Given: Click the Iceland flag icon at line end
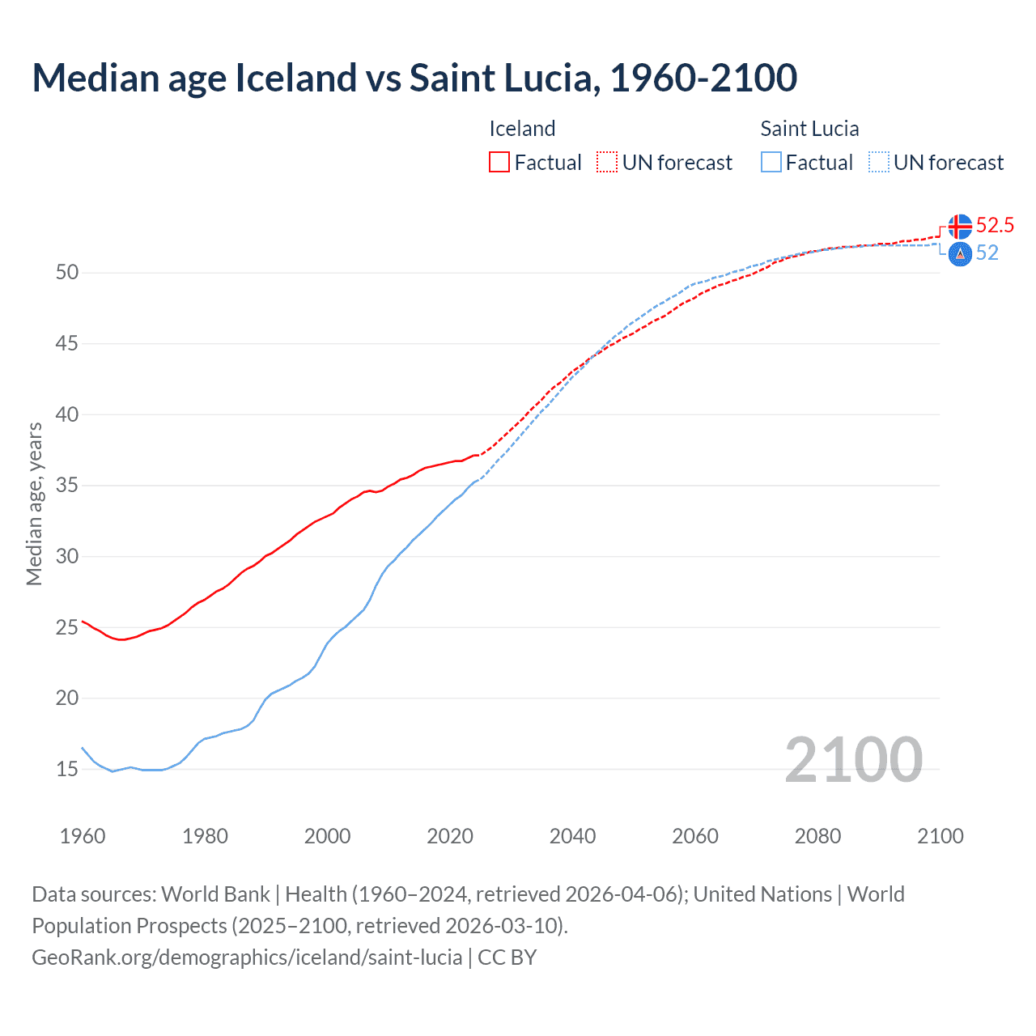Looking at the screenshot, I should tap(960, 227).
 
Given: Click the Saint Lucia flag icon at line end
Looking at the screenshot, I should tap(960, 254).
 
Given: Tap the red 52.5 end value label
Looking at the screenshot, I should tap(995, 225).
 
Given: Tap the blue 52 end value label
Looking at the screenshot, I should tap(987, 253).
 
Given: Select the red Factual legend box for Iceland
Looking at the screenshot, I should tap(499, 163).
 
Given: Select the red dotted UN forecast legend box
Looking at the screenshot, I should tap(607, 163).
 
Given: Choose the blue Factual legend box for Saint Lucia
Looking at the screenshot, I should tap(771, 163).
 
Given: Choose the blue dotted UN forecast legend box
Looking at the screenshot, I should tap(879, 163).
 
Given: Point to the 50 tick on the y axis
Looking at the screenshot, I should tap(67, 273).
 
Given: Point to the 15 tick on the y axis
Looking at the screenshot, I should tap(67, 770).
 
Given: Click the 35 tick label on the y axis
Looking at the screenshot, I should tap(67, 486).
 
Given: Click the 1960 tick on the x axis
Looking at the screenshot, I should tap(83, 836).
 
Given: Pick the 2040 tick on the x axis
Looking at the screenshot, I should tap(572, 836).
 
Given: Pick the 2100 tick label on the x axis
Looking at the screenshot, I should tap(940, 836).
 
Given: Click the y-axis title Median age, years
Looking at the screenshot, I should tap(34, 503).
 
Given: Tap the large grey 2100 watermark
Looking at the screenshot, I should tap(853, 759).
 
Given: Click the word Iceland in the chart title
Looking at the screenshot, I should tap(295, 78).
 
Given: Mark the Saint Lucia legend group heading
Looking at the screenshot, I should tap(809, 129).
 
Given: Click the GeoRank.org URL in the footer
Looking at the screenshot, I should tap(247, 957).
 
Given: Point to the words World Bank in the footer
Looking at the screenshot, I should tap(215, 894).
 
